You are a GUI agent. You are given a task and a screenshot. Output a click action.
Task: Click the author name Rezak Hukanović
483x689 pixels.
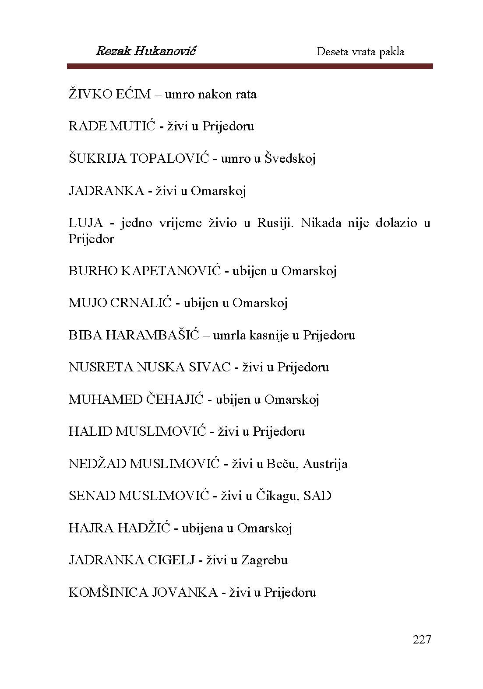[x=145, y=51]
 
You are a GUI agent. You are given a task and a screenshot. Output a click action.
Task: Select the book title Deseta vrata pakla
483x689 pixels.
[x=360, y=52]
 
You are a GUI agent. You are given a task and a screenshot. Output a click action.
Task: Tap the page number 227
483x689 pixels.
[x=422, y=640]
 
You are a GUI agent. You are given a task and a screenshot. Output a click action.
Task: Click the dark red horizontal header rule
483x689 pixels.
[x=250, y=66]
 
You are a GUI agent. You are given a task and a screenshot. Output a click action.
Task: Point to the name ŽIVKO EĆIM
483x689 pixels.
[x=109, y=94]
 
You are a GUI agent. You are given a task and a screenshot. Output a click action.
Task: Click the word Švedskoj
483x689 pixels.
[x=290, y=158]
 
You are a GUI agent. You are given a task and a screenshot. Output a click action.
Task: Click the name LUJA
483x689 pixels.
[x=86, y=223]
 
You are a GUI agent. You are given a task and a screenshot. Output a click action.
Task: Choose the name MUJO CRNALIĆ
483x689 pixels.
[x=120, y=303]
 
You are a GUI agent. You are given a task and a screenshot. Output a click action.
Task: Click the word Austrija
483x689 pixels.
[x=325, y=464]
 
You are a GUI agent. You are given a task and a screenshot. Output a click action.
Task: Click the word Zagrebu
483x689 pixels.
[x=264, y=560]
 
